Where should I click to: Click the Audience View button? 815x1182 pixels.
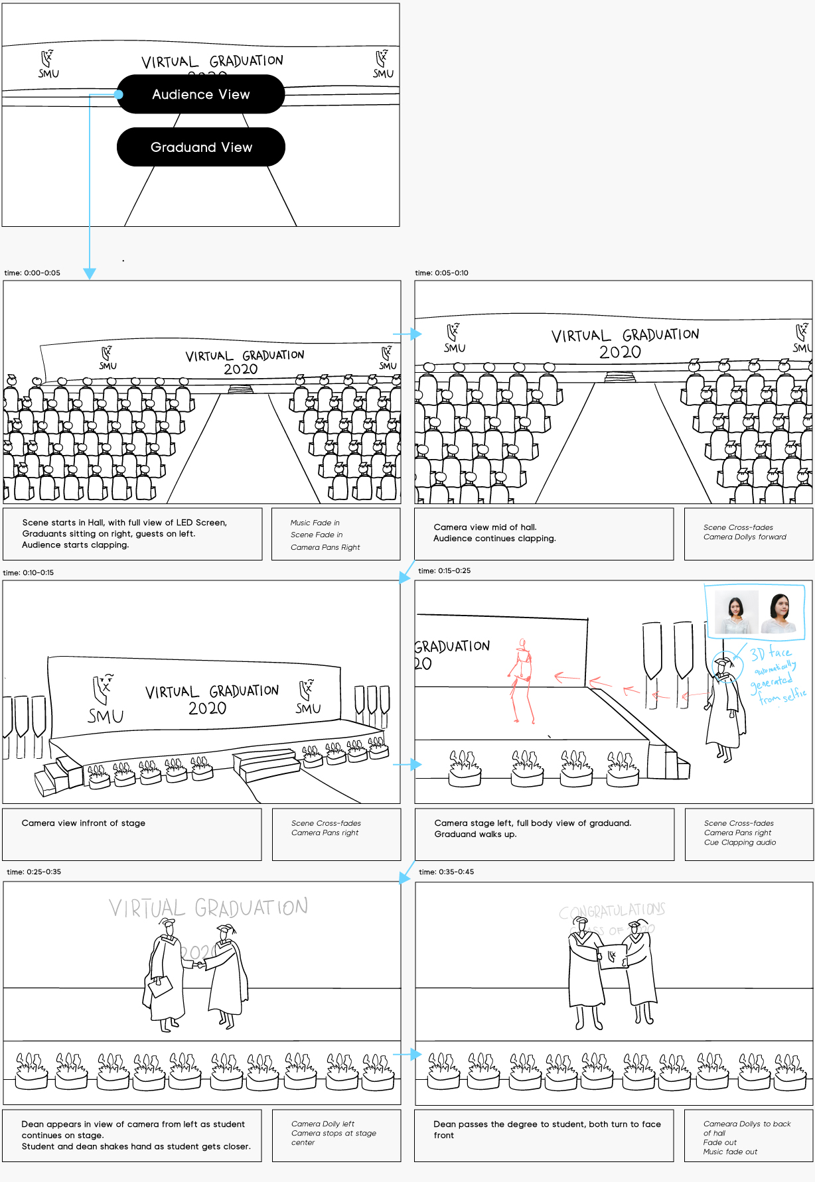pos(200,94)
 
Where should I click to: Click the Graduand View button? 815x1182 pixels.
pos(200,147)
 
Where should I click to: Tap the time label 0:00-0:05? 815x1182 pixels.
pos(33,273)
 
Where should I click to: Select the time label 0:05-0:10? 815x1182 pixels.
pos(441,273)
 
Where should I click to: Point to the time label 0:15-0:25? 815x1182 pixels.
pos(444,570)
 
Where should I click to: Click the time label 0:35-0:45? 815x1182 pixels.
pos(446,872)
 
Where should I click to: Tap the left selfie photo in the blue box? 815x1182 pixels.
pos(735,611)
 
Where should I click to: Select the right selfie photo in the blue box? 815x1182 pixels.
pos(779,612)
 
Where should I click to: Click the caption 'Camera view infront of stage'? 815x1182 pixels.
pos(84,823)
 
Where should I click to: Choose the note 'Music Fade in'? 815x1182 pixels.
pos(315,523)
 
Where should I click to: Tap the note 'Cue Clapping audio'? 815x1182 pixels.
pos(740,842)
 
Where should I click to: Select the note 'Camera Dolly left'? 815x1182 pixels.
pos(323,1124)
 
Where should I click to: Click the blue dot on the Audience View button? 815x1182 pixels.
pos(119,94)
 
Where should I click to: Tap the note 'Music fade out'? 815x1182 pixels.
pos(730,1151)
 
